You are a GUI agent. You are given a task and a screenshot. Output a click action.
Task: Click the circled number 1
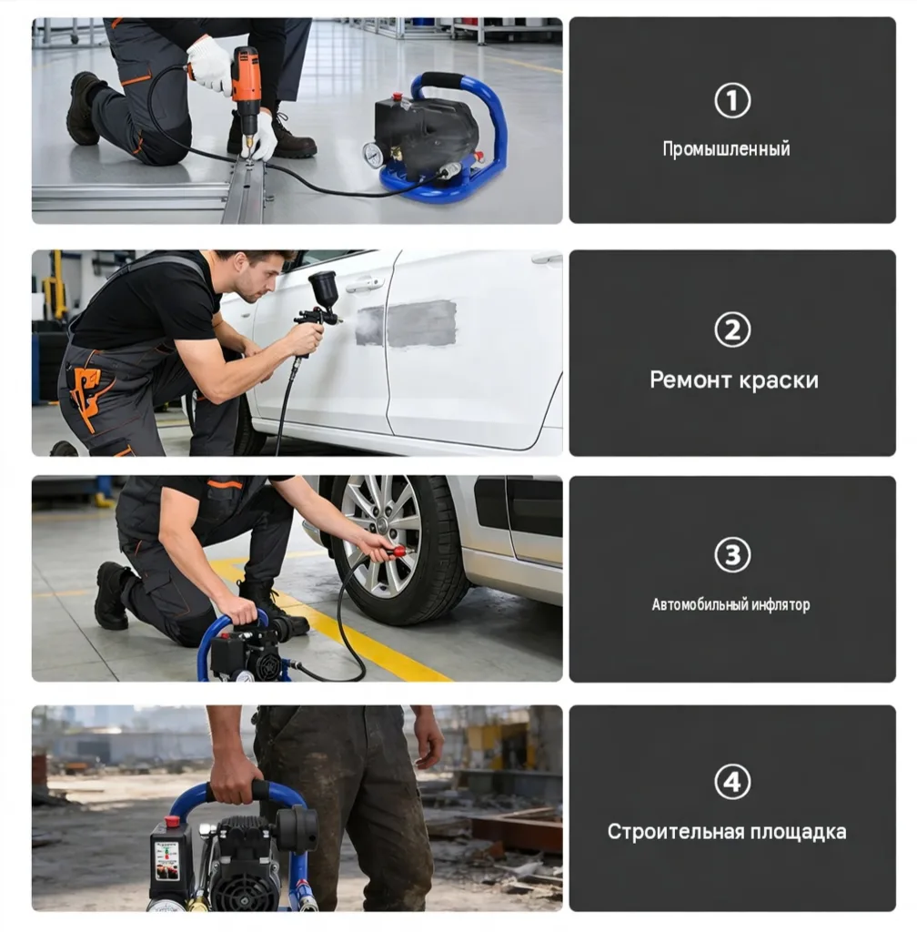[732, 100]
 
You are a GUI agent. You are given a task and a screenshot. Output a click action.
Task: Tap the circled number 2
[732, 329]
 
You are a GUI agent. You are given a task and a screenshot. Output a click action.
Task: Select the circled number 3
[732, 555]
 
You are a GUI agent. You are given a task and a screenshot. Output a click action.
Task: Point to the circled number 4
[732, 782]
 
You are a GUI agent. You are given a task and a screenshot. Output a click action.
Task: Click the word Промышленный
[726, 148]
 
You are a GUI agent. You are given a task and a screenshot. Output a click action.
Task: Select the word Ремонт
[688, 380]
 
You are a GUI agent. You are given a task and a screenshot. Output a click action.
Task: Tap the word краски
[777, 380]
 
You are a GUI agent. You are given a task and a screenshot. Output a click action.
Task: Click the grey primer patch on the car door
[407, 324]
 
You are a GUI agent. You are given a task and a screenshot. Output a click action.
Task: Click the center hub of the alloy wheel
[382, 525]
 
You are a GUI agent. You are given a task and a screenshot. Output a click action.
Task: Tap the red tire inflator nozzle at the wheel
[397, 552]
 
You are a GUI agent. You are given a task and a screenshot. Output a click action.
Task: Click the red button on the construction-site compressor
[172, 822]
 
